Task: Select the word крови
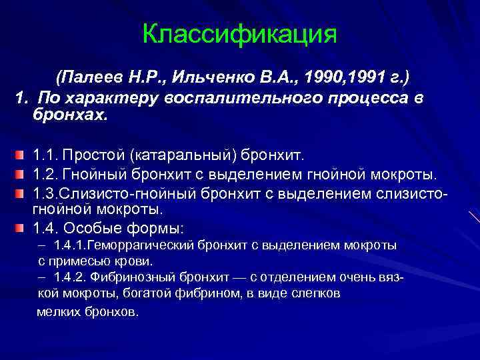[x=137, y=261]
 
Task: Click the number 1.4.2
[x=71, y=277]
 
